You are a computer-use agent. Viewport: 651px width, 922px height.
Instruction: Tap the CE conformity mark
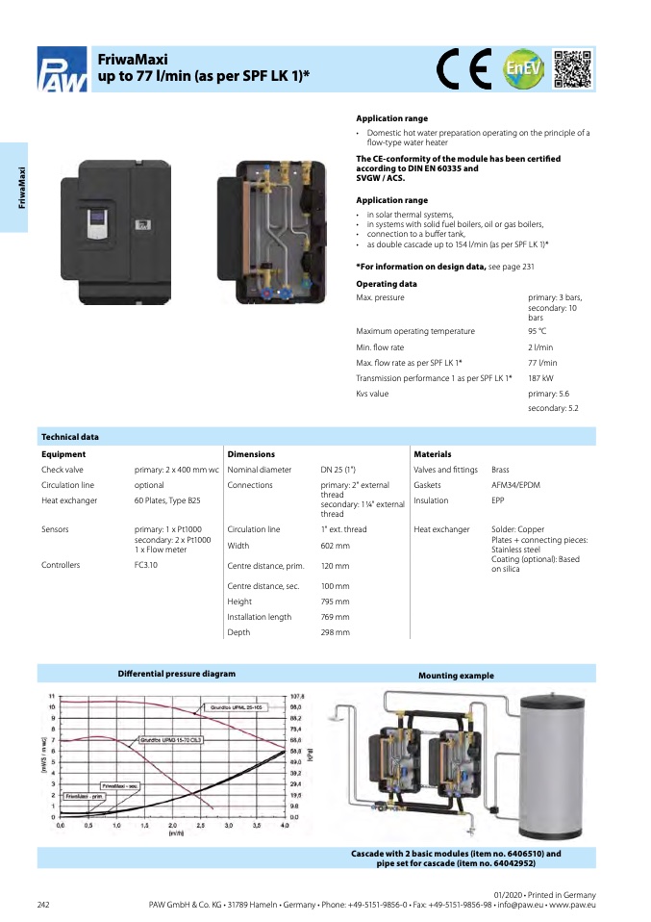464,67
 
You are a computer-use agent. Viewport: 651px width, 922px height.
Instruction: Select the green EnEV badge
524,68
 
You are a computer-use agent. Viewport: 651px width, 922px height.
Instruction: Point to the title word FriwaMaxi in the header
133,60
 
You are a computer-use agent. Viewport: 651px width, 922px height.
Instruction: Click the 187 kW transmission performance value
541,378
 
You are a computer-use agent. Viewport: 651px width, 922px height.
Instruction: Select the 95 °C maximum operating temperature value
538,331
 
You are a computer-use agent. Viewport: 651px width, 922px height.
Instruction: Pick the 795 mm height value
335,602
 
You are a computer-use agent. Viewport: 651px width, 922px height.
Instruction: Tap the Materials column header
432,454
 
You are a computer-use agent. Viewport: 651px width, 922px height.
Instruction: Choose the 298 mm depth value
335,632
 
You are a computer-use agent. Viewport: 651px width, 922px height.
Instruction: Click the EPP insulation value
499,500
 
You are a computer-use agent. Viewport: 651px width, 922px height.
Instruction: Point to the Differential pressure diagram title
176,674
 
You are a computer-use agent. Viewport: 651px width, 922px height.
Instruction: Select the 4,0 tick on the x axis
285,826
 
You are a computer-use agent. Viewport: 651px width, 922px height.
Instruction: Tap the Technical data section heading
70,437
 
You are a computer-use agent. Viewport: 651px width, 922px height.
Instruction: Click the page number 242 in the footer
43,905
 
